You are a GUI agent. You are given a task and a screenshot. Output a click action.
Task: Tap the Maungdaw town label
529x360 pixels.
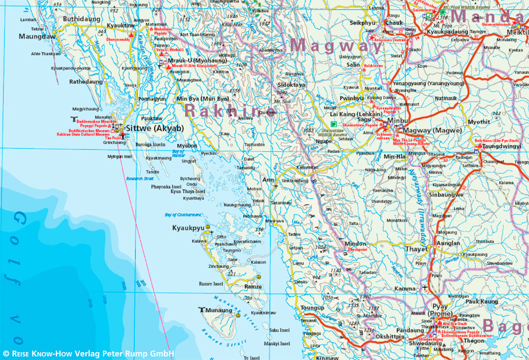[x=37, y=37]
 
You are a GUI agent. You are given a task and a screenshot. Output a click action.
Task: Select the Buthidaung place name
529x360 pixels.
[x=81, y=19]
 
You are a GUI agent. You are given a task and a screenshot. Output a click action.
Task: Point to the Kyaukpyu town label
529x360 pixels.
[x=188, y=228]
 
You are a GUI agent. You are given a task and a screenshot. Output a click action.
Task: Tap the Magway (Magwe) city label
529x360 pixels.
[x=432, y=131]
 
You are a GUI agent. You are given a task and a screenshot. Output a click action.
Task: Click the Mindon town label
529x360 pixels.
[x=355, y=244]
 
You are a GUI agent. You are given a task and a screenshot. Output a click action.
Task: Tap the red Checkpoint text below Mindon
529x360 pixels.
[x=357, y=249]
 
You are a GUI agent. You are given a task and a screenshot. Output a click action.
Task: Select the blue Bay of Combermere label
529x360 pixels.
[x=183, y=214]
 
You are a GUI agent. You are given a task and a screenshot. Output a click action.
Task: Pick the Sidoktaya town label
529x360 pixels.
[x=291, y=85]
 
